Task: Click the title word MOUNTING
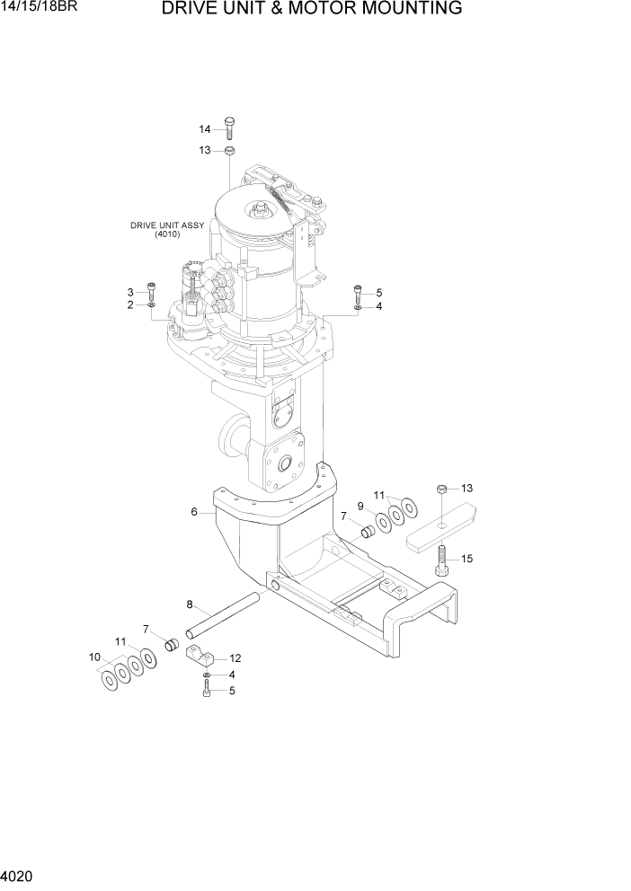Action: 401,9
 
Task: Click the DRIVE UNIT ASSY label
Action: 167,225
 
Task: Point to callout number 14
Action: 204,129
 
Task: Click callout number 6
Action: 193,512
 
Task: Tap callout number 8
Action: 190,604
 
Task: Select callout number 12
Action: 236,657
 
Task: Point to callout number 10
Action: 93,657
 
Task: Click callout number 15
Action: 467,559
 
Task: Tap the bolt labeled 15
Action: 440,562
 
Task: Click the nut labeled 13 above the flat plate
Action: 441,489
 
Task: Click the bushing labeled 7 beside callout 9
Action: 367,533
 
